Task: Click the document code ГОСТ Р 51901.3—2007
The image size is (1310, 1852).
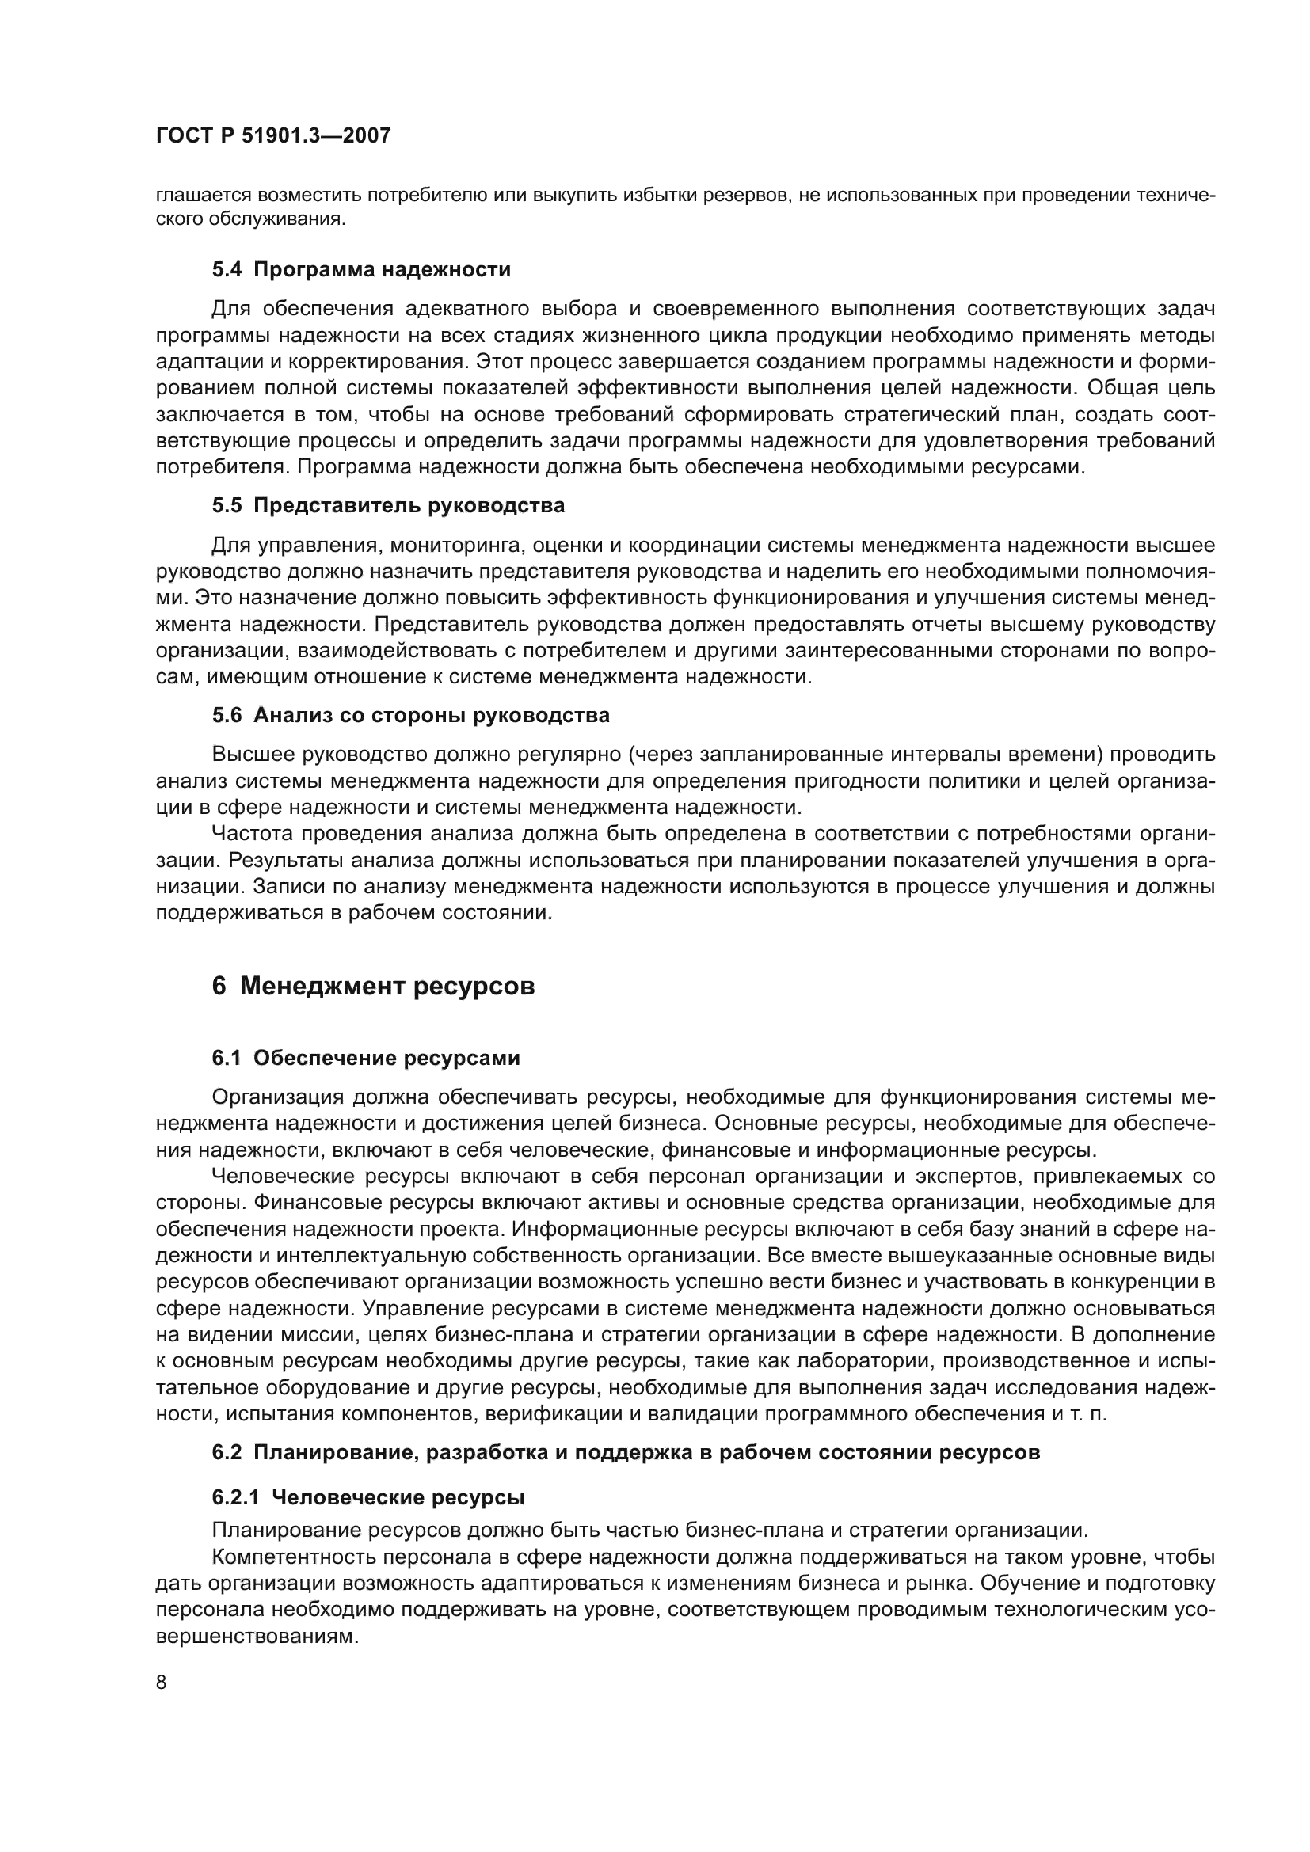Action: point(272,135)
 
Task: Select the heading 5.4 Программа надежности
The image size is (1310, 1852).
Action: point(361,269)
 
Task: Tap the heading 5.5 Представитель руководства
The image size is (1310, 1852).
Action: point(388,506)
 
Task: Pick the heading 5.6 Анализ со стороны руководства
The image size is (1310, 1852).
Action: point(410,716)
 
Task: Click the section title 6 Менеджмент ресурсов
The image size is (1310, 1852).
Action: point(374,986)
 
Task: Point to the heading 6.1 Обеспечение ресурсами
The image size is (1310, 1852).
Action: point(366,1058)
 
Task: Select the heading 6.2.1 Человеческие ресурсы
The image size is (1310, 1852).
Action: point(367,1498)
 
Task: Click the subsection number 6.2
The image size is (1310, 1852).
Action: point(227,1453)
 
